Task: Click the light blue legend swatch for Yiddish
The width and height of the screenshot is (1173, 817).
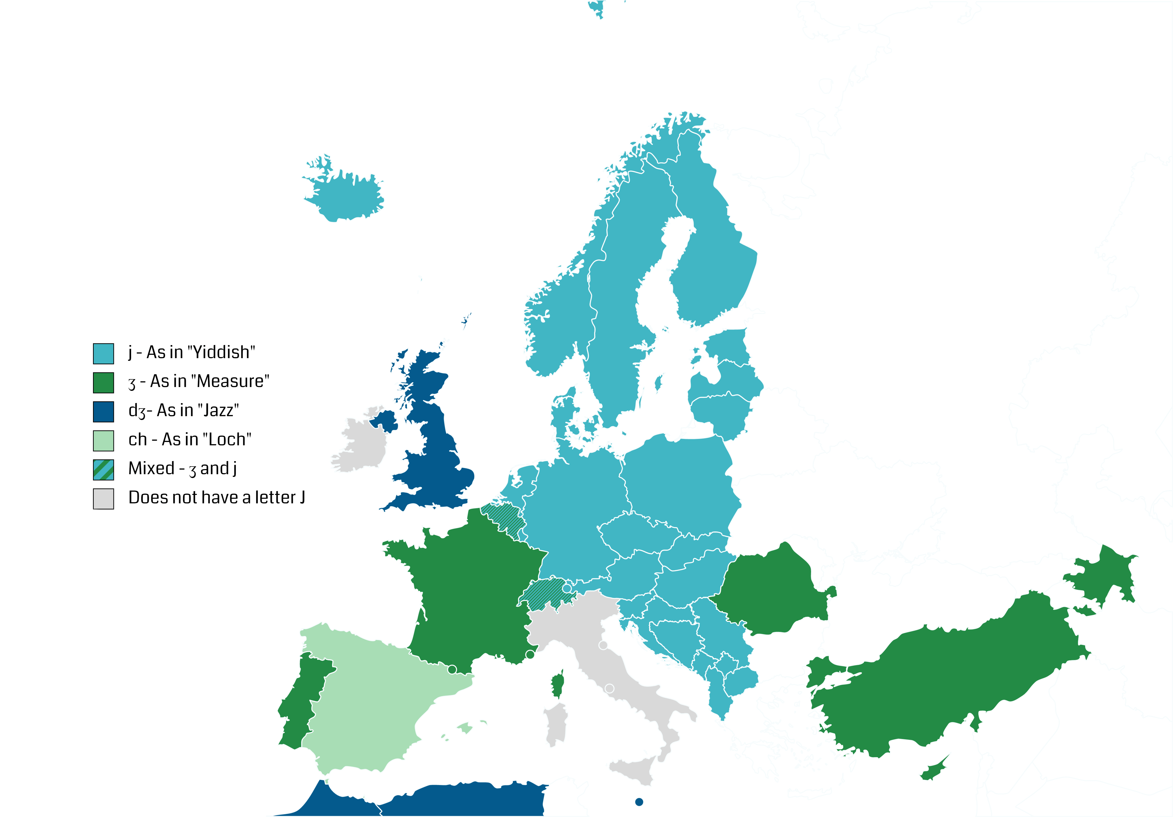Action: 103,353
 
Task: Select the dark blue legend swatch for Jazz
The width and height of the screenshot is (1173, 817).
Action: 103,412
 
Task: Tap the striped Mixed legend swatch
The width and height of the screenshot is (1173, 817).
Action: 103,470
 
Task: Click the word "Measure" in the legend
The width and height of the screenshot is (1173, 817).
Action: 232,381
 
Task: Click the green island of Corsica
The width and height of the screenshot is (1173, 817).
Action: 558,684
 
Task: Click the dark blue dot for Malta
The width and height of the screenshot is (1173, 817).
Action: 639,802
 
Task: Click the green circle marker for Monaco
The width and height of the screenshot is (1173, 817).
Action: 530,654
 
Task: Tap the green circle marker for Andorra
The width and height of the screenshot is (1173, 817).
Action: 452,669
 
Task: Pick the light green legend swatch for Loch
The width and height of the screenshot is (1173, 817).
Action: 103,441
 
